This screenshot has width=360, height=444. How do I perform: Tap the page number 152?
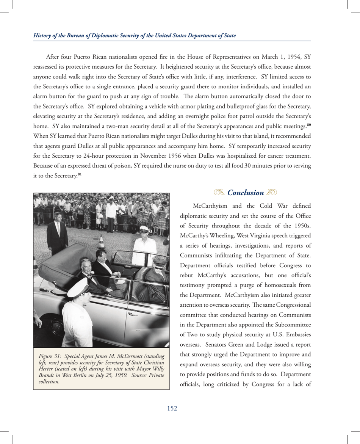coord(172,408)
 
